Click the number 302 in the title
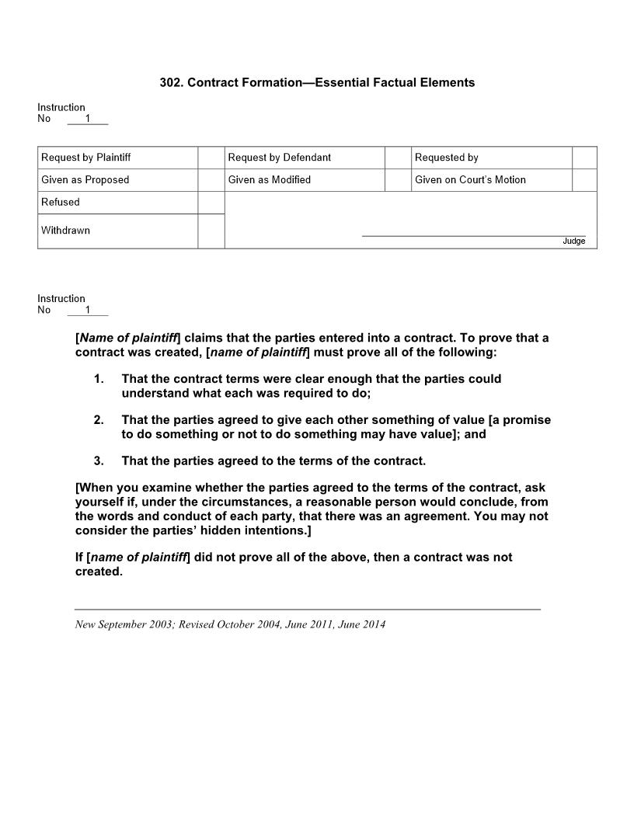pos(170,82)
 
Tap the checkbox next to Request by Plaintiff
pos(211,158)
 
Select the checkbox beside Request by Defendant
pos(398,158)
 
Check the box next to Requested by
pos(584,158)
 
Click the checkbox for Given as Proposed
pos(211,180)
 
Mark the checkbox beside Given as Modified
pos(398,180)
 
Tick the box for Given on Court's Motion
pos(584,180)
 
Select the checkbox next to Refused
pos(211,203)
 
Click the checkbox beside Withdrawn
pos(211,231)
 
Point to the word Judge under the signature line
pos(573,241)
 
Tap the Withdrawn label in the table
pos(65,231)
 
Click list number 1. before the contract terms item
pos(99,379)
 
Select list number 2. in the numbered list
pos(99,420)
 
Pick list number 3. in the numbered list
pos(99,461)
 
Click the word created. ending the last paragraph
pos(99,572)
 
